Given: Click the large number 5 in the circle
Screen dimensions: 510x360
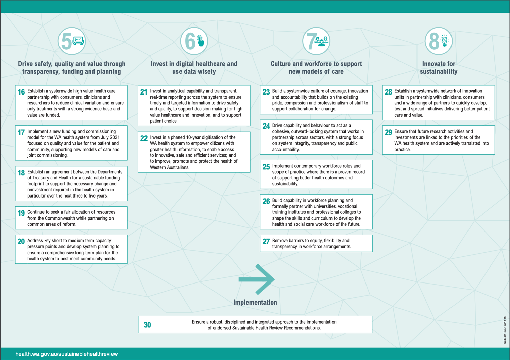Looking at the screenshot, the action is (x=67, y=41).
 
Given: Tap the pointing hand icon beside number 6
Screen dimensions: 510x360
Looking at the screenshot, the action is (x=200, y=41).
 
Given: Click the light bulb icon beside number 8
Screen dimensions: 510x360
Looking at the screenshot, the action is (x=444, y=41).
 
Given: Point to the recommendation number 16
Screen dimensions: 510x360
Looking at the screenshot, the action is (x=21, y=92).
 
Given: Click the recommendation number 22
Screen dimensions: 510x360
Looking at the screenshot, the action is (x=144, y=138).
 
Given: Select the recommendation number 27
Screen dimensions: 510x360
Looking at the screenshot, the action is (x=266, y=241).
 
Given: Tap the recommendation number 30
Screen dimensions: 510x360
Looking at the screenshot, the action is (x=147, y=325).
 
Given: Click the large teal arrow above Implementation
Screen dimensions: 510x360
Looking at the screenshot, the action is (x=256, y=279).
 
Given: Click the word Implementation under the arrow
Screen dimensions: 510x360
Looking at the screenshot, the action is (x=255, y=302).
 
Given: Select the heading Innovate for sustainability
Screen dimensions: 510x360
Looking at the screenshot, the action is (x=439, y=67).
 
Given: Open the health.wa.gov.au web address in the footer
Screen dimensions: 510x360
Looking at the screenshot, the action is (x=67, y=354).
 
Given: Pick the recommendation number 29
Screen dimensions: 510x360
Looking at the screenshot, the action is (x=388, y=132).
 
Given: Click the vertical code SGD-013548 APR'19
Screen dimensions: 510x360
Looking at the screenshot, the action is (x=505, y=330).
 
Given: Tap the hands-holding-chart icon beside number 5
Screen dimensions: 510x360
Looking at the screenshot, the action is (x=78, y=41).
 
